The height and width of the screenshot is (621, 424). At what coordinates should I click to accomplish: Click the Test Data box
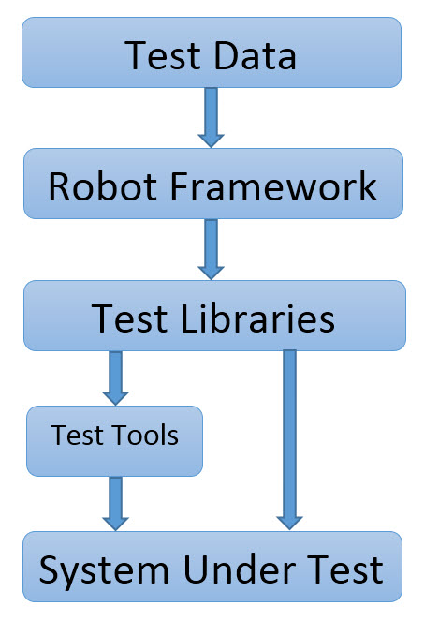click(212, 52)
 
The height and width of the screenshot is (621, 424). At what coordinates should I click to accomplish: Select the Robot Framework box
click(213, 184)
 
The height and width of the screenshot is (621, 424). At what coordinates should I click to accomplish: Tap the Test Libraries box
click(214, 316)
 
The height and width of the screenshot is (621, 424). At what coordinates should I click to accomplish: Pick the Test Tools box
click(114, 441)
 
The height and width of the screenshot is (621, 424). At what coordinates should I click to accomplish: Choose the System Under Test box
click(212, 567)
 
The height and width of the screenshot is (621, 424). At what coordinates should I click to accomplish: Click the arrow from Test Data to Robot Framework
click(211, 118)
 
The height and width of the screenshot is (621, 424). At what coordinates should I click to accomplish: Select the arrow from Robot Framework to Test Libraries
click(211, 249)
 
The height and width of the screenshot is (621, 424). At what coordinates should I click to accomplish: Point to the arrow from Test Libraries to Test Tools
click(115, 378)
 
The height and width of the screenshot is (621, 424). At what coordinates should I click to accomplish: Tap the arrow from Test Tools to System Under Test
click(115, 503)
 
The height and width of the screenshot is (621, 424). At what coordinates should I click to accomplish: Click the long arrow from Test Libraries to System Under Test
click(289, 440)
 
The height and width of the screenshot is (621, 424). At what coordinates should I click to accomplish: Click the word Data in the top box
click(255, 55)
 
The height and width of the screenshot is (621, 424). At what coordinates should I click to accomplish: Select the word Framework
click(273, 186)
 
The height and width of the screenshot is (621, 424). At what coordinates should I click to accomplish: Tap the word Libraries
click(257, 318)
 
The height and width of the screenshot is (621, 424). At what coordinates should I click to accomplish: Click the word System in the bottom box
click(104, 571)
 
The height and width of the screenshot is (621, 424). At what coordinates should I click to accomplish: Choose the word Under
click(240, 569)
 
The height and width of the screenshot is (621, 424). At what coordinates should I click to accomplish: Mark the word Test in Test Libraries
click(129, 318)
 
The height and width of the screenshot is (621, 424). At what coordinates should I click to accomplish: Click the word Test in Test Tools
click(77, 435)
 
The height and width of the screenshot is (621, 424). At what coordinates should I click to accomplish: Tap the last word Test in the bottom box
click(345, 569)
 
